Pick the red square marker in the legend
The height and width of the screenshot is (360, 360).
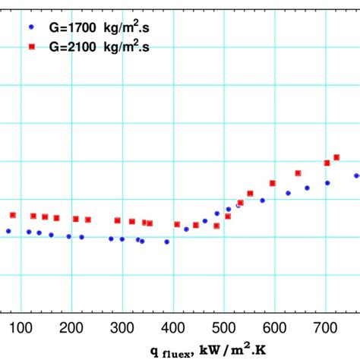coord(31,47)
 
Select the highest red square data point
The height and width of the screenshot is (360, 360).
coord(336,157)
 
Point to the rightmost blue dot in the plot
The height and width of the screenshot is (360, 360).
coord(356,175)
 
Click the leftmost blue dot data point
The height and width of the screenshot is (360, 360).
coord(8,231)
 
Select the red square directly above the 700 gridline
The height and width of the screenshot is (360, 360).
coord(327,163)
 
